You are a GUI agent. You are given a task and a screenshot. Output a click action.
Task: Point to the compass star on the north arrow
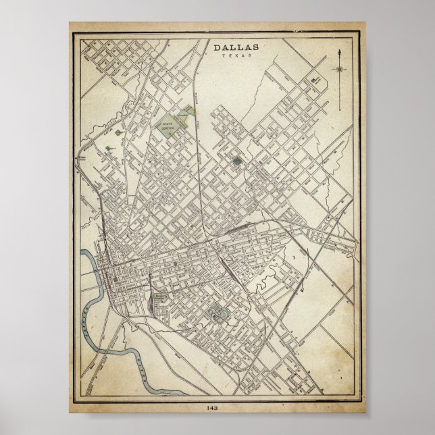[x=338, y=68]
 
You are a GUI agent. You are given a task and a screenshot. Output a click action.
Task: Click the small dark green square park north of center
[x=236, y=161]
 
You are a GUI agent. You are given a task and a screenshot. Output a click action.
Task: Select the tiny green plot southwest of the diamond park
[x=108, y=144]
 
